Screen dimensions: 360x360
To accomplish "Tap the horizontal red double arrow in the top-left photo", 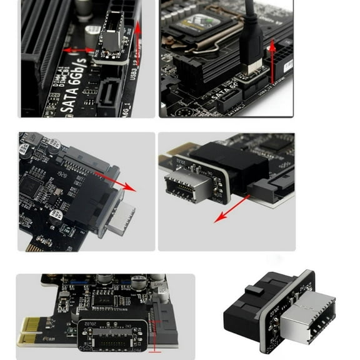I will pos(80,50).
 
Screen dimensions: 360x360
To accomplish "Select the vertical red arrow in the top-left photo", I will pos(138,37).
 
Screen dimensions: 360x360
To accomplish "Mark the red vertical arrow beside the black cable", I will pos(272,56).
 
